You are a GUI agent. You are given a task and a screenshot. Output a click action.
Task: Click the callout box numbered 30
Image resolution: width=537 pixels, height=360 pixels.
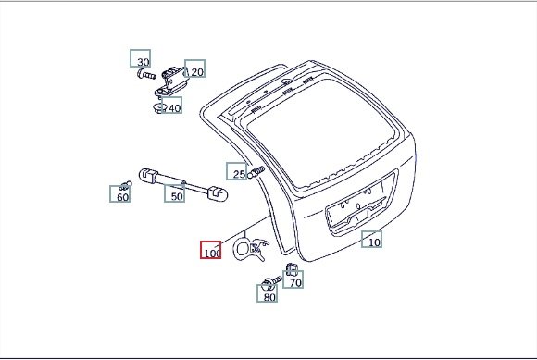(x=140, y=58)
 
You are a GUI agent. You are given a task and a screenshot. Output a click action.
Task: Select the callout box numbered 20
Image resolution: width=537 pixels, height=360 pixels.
(x=194, y=68)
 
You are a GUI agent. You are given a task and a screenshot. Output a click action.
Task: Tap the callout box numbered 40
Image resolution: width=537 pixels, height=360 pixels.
(x=171, y=106)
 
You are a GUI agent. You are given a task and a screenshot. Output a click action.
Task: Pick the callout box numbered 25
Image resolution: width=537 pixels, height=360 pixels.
(x=237, y=171)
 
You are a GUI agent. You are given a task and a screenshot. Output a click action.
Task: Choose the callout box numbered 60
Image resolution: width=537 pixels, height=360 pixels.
(x=119, y=193)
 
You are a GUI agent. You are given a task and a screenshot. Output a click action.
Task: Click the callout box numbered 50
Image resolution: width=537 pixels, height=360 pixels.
(x=174, y=193)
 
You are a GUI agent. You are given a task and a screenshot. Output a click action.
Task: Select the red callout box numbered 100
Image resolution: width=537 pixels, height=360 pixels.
(x=210, y=250)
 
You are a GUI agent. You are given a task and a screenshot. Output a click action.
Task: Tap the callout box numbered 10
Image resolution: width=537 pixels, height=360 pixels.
(x=372, y=239)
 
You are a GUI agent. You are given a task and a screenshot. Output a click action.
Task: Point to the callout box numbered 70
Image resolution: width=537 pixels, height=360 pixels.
(x=293, y=279)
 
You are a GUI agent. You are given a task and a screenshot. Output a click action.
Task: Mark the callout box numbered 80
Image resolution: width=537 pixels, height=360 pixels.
(x=268, y=293)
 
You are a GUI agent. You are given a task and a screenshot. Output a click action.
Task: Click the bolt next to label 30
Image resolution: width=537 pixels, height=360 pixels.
(x=146, y=74)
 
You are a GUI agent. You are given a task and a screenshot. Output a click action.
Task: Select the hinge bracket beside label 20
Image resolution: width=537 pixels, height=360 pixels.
(x=171, y=83)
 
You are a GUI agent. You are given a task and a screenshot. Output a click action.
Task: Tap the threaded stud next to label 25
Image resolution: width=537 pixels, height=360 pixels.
(x=256, y=172)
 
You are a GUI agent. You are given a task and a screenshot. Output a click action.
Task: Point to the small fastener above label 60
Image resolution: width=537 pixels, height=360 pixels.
(x=126, y=185)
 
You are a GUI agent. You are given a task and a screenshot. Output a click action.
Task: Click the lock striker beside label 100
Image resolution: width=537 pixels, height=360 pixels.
(x=251, y=248)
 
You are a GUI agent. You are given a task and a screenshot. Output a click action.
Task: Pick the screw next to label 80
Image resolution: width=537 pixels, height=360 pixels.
(x=271, y=282)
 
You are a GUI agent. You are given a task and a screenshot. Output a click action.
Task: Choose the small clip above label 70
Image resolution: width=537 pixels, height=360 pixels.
(x=291, y=269)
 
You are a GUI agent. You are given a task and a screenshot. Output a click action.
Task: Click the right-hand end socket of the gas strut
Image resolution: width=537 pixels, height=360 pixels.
(x=218, y=192)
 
